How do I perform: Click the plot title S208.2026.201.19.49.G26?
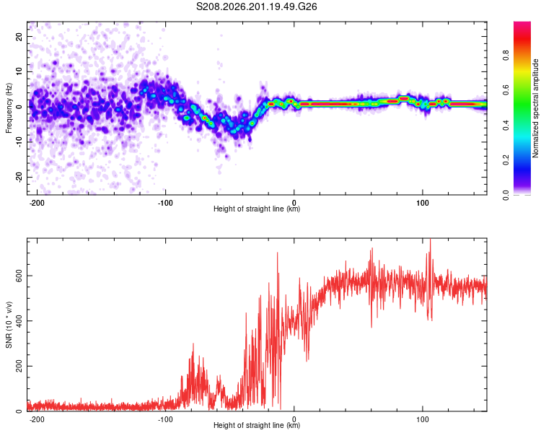(x=256, y=6)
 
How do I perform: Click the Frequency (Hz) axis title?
(x=9, y=108)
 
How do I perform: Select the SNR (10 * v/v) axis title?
(x=9, y=325)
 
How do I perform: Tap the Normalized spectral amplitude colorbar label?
(x=535, y=108)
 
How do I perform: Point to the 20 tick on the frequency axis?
(x=19, y=36)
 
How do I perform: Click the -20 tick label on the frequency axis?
(x=19, y=177)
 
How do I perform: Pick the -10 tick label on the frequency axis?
(x=19, y=142)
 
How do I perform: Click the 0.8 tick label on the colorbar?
(x=506, y=56)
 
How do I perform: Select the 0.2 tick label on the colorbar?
(x=506, y=159)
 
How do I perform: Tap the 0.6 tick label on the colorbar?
(x=506, y=90)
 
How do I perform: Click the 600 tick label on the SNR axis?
(x=19, y=276)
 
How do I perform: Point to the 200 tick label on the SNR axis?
(x=19, y=366)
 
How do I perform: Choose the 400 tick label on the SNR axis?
(x=19, y=320)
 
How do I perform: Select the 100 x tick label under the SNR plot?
(x=422, y=419)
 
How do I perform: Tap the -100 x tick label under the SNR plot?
(x=165, y=419)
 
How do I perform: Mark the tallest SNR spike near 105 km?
(x=430, y=239)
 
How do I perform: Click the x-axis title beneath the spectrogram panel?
(x=257, y=209)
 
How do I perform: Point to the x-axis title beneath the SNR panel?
(x=257, y=425)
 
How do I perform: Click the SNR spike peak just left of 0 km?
(x=278, y=253)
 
